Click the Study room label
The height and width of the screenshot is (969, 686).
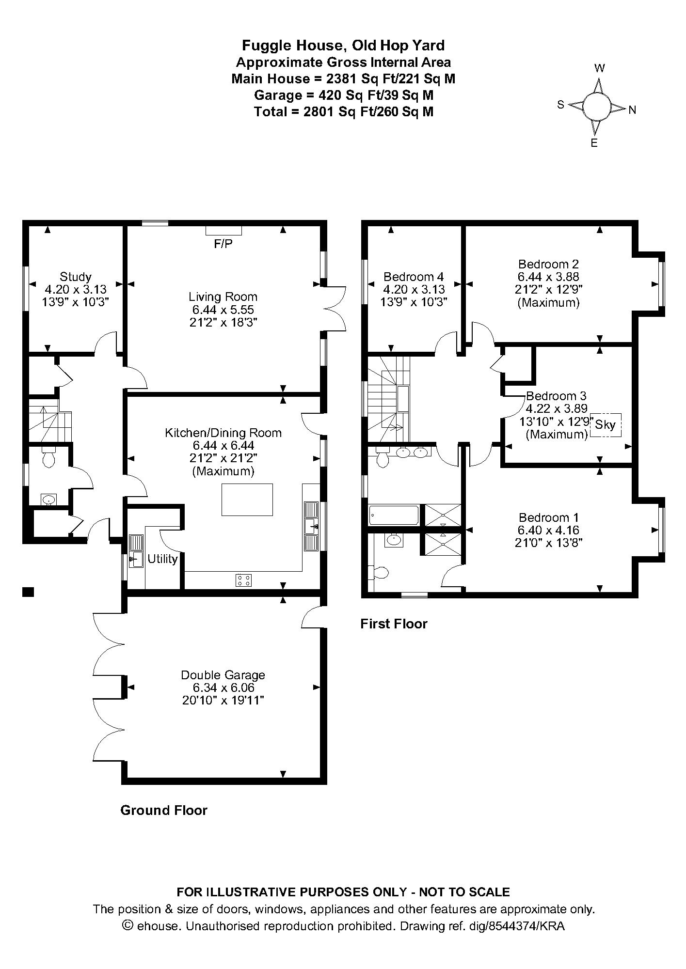pyautogui.click(x=76, y=277)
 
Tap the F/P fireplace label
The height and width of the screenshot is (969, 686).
pyautogui.click(x=223, y=244)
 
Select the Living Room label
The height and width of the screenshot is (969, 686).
pyautogui.click(x=223, y=297)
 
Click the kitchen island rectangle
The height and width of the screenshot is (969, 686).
pyautogui.click(x=247, y=500)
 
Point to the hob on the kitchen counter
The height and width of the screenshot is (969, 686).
pyautogui.click(x=244, y=580)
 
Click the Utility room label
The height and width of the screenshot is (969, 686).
pyautogui.click(x=163, y=559)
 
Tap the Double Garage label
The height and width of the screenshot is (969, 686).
pyautogui.click(x=223, y=675)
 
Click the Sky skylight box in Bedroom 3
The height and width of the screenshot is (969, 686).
pyautogui.click(x=605, y=425)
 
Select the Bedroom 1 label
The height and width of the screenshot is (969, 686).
pyautogui.click(x=548, y=517)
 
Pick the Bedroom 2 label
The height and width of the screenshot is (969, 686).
pyautogui.click(x=548, y=264)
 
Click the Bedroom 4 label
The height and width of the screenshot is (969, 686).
pyautogui.click(x=414, y=277)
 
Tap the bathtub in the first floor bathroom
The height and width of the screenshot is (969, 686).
pyautogui.click(x=394, y=516)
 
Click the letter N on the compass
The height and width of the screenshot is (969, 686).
pyautogui.click(x=632, y=110)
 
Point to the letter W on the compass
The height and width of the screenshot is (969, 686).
pyautogui.click(x=600, y=68)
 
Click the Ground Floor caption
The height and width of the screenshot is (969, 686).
pyautogui.click(x=164, y=810)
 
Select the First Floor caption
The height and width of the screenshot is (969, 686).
pyautogui.click(x=394, y=624)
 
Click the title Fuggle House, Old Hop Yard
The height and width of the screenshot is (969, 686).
pyautogui.click(x=343, y=46)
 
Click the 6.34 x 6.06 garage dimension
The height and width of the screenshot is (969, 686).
pyautogui.click(x=223, y=688)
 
